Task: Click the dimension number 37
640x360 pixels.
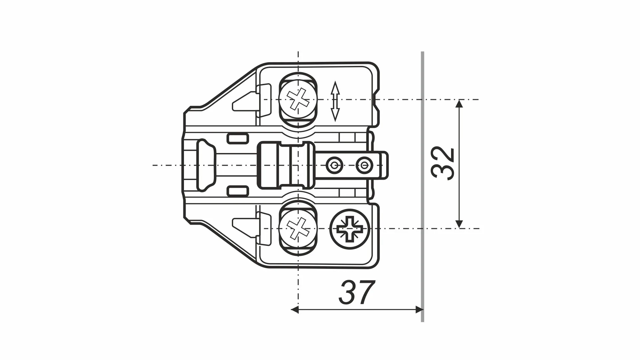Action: pos(357,293)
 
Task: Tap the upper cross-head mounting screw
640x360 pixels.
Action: pos(298,99)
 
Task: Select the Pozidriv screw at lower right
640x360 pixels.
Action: pos(350,229)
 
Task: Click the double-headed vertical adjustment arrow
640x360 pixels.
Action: pos(335,101)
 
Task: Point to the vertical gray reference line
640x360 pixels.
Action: pos(422,186)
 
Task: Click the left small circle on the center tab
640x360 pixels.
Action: pos(334,165)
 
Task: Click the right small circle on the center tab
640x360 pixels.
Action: pos(363,165)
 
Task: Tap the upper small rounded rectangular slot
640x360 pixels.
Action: pos(238,138)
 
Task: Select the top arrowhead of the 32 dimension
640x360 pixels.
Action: pos(459,104)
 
